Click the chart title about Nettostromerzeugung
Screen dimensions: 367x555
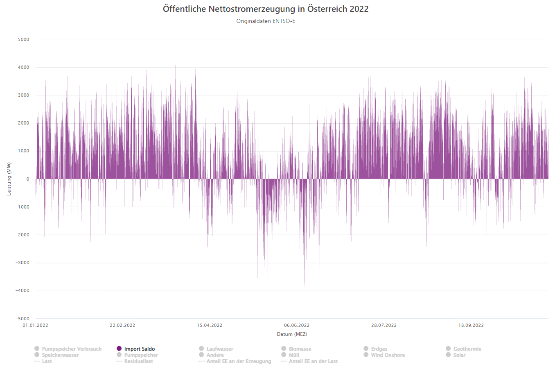click(266, 9)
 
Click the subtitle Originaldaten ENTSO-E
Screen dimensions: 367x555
click(266, 21)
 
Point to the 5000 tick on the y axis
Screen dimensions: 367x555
click(23, 39)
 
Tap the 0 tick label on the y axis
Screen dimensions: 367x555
click(27, 179)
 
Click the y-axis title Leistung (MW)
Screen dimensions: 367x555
click(9, 179)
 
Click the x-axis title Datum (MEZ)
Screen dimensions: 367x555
click(292, 334)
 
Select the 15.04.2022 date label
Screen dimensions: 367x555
click(210, 326)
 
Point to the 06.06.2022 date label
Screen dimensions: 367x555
click(297, 326)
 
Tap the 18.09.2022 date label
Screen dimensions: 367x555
click(471, 326)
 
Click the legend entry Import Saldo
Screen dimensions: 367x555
click(140, 349)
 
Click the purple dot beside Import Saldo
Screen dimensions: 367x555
click(119, 349)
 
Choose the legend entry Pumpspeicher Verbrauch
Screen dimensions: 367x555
click(72, 349)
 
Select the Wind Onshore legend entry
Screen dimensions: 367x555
click(388, 355)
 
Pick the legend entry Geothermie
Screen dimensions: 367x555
click(467, 349)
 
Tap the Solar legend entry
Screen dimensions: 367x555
click(459, 355)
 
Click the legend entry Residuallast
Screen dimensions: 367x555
click(139, 361)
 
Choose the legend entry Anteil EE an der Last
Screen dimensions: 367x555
click(313, 361)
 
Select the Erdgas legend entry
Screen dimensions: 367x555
click(379, 349)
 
